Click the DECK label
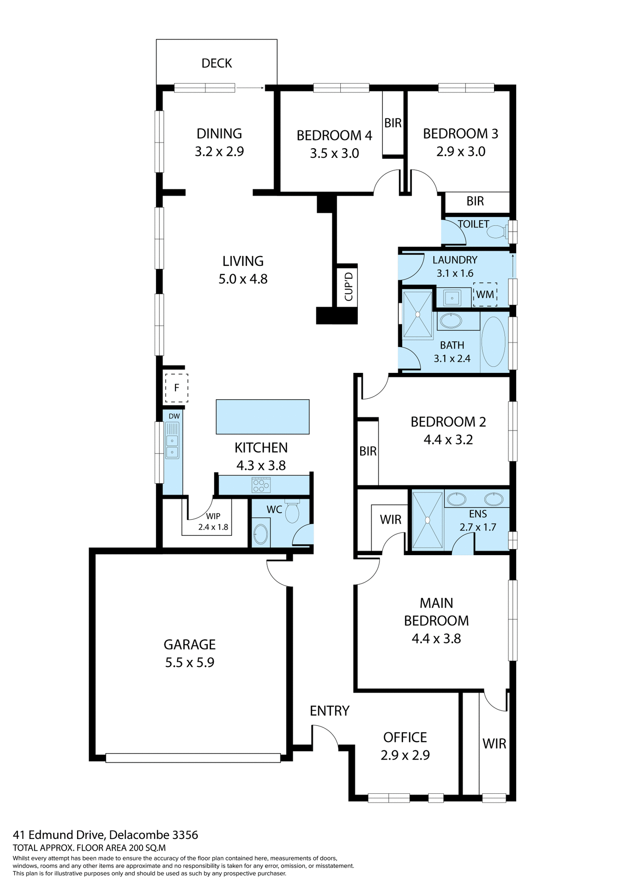pos(217,63)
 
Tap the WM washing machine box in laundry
pos(485,294)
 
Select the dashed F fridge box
pos(176,388)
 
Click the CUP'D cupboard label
pos(349,287)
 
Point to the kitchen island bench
pos(262,417)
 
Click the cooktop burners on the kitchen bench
pos(261,485)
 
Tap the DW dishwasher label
pos(174,416)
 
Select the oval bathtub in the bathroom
pos(493,341)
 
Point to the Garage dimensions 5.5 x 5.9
pos(190,663)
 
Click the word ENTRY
pos(329,711)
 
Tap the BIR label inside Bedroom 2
pos(368,451)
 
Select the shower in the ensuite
pos(427,520)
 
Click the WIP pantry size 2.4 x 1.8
pos(213,527)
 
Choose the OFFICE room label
pos(405,737)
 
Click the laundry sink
pos(452,298)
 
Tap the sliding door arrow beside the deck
pos(250,87)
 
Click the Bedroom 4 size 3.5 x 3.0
pos(334,154)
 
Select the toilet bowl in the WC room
pos(292,513)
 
